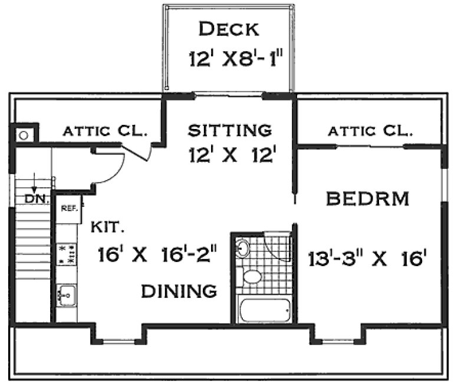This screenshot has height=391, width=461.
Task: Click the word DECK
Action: pos(229,28)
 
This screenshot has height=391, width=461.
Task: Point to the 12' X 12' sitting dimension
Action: pos(233,155)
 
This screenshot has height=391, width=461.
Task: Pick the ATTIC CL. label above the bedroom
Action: pos(369,131)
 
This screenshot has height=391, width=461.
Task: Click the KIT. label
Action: pos(105,226)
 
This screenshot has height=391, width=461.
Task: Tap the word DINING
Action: pos(178,290)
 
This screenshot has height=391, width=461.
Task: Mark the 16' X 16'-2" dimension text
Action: pos(158,256)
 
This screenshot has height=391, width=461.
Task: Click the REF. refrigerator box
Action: pos(68,208)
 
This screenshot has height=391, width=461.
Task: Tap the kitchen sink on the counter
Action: pos(67,293)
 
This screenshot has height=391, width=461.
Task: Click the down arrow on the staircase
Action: pos(35,180)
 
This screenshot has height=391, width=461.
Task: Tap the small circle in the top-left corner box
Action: pos(24,135)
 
